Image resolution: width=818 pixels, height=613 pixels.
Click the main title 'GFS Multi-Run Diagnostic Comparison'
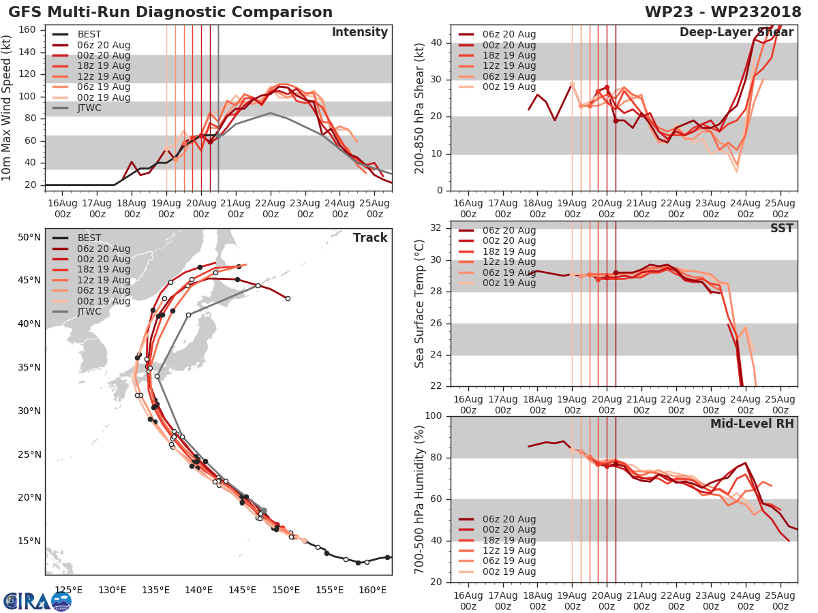170,12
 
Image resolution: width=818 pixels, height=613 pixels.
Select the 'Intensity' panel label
359,33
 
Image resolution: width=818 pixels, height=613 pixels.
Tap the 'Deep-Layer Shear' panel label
736,33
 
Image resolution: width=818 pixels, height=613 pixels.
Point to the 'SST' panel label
781,228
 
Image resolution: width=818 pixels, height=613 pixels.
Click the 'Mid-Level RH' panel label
752,424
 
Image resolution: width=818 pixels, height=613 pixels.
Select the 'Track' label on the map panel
370,238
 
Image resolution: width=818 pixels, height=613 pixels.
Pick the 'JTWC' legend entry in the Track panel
89,311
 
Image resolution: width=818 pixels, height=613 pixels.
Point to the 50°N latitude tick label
29,237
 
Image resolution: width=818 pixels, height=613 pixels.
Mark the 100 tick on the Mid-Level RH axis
433,416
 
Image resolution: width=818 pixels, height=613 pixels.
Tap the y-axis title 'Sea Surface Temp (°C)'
419,303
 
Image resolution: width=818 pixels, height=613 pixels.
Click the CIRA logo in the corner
37,601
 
